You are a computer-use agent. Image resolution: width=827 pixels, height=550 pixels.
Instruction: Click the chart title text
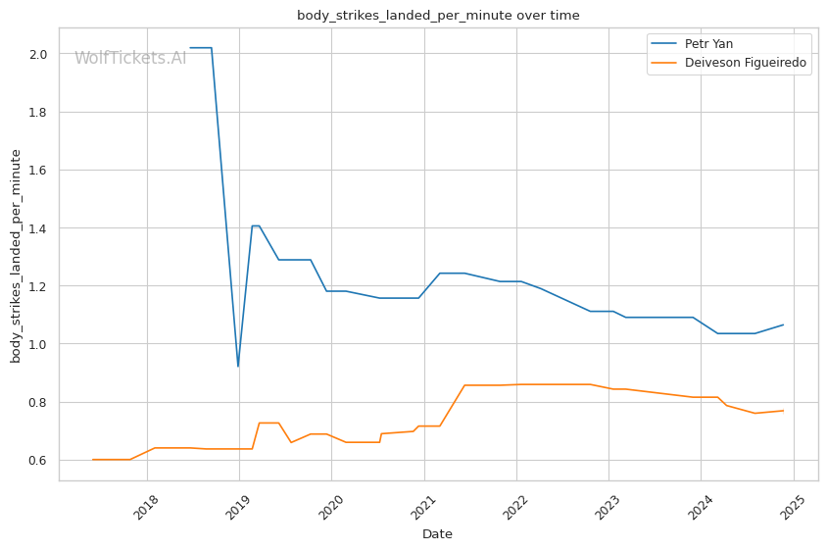[x=438, y=16]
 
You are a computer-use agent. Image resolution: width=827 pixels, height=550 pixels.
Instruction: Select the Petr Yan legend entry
[x=708, y=44]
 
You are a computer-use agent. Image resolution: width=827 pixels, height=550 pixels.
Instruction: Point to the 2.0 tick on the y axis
[x=38, y=54]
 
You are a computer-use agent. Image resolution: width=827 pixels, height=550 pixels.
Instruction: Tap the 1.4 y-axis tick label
[x=38, y=228]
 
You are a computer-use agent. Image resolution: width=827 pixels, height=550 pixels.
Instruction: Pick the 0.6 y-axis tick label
[x=38, y=460]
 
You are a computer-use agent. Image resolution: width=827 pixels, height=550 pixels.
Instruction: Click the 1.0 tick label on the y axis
[x=38, y=344]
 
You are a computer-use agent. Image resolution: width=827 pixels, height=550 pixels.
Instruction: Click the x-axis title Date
[x=437, y=534]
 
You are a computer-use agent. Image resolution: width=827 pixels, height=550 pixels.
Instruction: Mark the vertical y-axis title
[x=17, y=256]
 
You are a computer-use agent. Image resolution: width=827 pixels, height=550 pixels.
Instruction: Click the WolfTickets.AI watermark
[x=130, y=58]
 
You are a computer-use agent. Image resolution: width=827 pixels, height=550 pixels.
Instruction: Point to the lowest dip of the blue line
[x=238, y=366]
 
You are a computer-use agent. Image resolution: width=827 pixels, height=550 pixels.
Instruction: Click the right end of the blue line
[x=783, y=325]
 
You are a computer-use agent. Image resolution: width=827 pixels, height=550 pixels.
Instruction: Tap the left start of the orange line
[x=93, y=460]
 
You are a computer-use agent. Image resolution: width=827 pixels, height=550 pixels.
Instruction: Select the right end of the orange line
[x=783, y=411]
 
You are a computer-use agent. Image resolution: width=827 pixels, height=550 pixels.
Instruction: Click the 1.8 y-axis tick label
[x=38, y=112]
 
